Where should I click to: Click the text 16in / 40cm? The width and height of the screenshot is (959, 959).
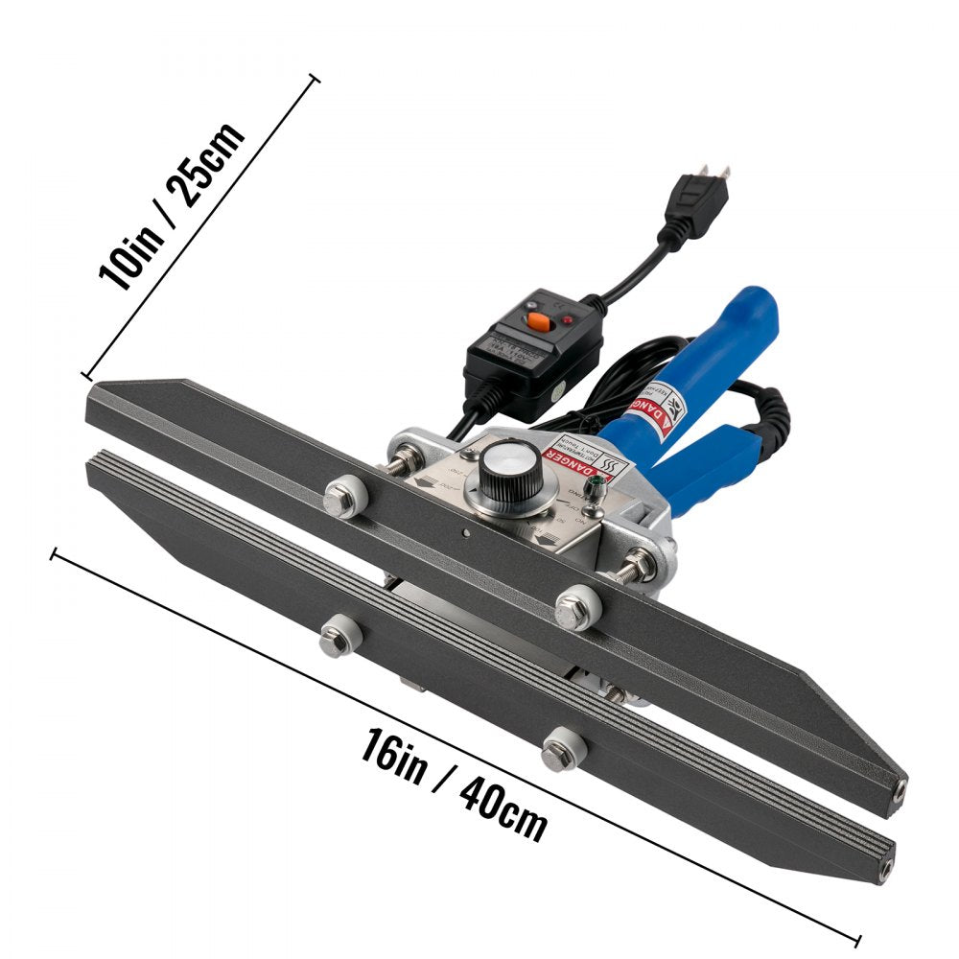click(455, 784)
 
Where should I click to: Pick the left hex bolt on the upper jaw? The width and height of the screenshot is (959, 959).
click(341, 499)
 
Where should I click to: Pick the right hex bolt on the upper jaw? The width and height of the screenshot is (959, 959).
click(576, 606)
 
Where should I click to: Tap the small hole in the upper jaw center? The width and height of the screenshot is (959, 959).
click(463, 533)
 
